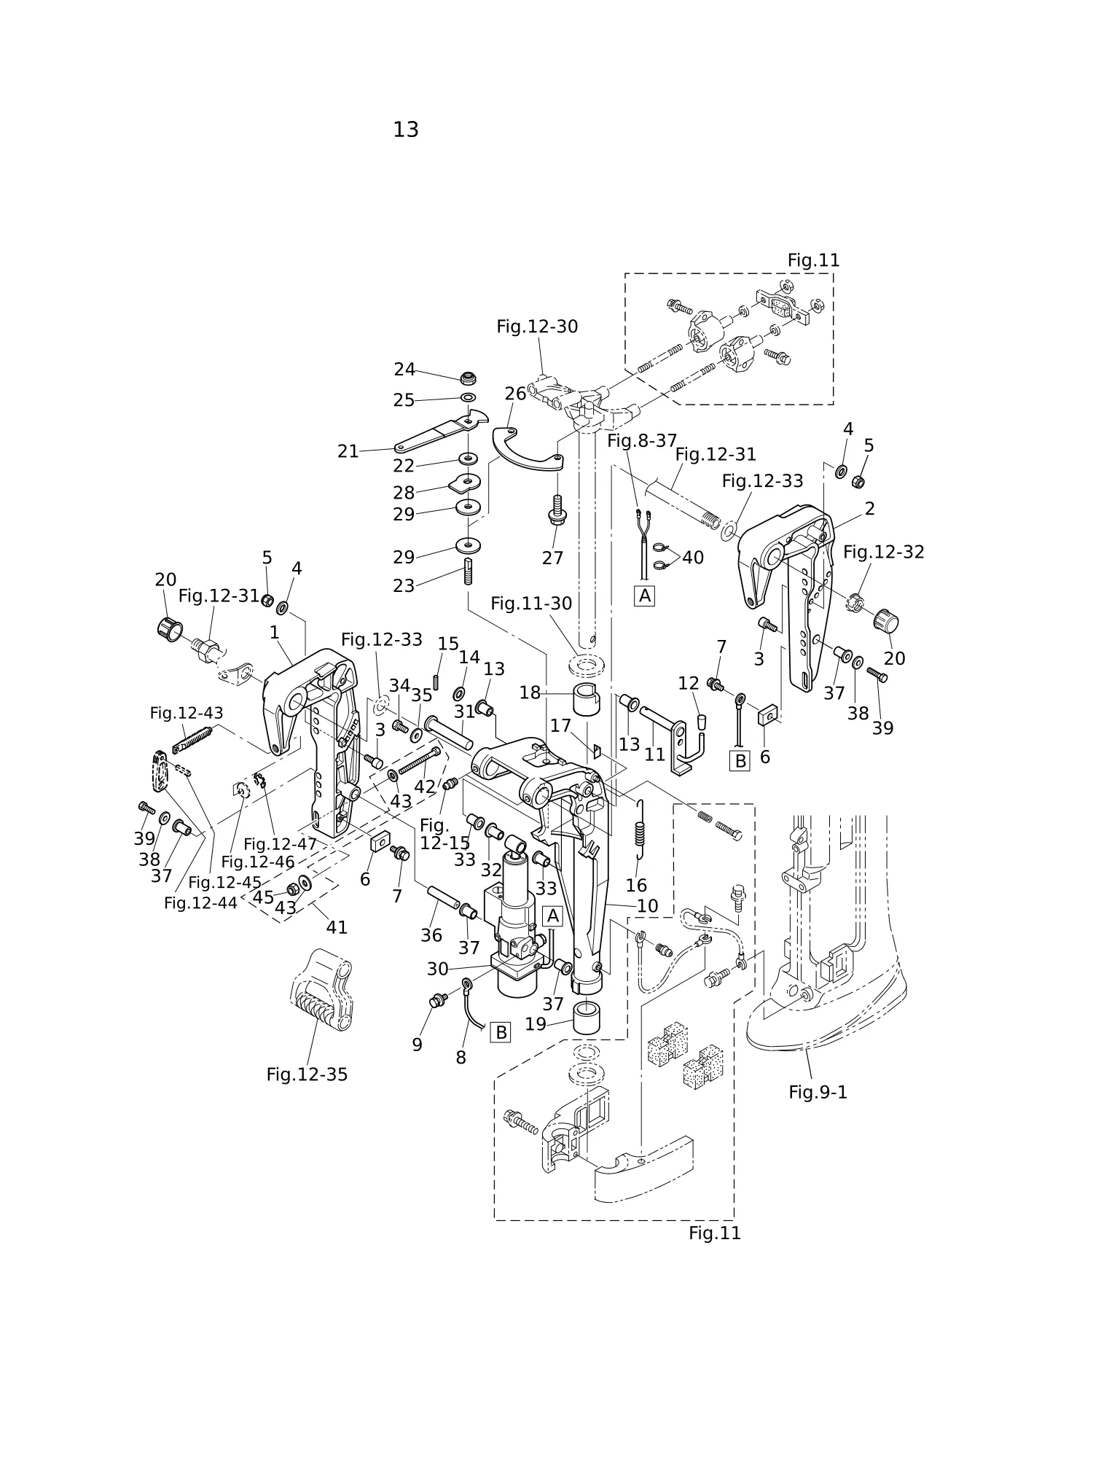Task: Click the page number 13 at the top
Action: point(406,130)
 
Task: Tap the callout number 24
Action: point(404,370)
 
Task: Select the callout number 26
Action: point(515,394)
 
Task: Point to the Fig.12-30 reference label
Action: point(537,327)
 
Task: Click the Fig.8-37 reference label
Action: point(642,441)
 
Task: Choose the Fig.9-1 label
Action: point(818,1092)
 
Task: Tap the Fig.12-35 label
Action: point(307,1074)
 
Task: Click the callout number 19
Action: point(536,1024)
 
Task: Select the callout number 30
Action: point(437,969)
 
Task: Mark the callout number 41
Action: point(337,927)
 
